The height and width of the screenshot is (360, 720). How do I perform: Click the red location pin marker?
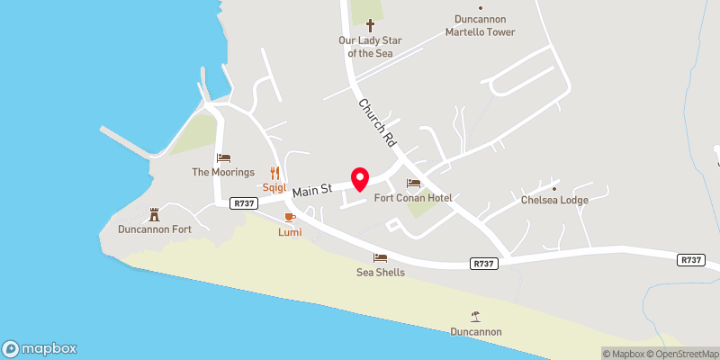pos(360,178)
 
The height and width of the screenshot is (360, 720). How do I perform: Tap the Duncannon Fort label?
pos(155,229)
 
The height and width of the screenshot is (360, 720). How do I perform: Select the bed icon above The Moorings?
pos(223,157)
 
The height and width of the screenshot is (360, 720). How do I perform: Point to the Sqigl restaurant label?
pos(274,188)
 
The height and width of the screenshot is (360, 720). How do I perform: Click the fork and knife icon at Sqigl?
pos(275,173)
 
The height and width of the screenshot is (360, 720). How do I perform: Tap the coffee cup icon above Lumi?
pos(290,218)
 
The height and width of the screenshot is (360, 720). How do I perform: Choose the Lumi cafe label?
pos(290,232)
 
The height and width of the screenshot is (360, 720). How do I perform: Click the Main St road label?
pos(312,189)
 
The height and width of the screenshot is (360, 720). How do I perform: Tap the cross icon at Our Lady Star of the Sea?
pos(369,26)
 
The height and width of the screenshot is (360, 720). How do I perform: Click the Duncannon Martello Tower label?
pos(481,25)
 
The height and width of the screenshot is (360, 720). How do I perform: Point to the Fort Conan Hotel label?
pos(413,198)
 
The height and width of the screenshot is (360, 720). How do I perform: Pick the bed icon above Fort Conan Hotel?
pos(413,183)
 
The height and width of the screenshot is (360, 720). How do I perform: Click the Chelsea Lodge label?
pos(554,200)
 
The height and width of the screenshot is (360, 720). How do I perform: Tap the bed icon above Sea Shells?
pos(380,257)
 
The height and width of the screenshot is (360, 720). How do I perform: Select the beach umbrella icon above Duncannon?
pos(475,316)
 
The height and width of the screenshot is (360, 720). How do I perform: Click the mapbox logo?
pos(40,349)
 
